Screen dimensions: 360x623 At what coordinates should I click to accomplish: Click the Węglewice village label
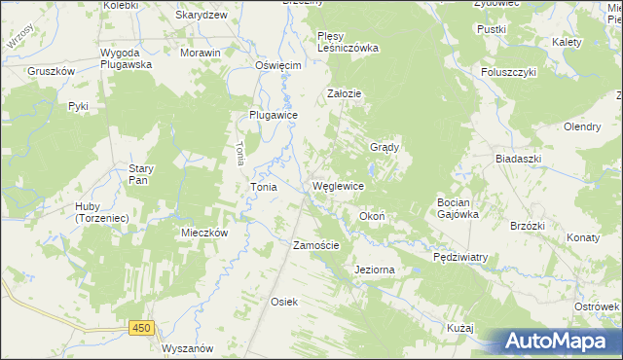(338, 186)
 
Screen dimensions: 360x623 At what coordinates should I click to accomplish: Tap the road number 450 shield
(142, 329)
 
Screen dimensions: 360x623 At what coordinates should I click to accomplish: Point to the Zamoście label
(316, 246)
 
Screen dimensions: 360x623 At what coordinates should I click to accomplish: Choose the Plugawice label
(273, 114)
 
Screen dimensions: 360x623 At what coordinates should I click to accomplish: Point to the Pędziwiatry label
(460, 258)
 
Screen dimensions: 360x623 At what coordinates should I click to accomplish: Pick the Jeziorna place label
(377, 270)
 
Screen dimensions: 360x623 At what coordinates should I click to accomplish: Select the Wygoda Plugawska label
(127, 58)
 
